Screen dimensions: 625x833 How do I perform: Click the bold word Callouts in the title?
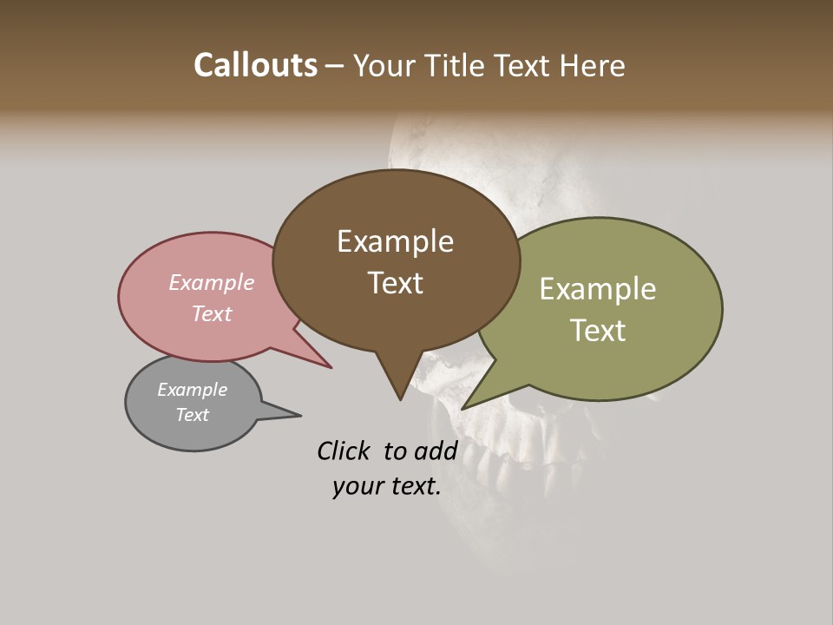(x=255, y=65)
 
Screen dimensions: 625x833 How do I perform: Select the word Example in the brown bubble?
(x=395, y=241)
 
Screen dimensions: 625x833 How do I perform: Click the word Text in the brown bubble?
(x=395, y=283)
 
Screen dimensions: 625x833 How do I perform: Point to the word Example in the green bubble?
(x=597, y=289)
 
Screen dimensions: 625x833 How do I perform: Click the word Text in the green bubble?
(x=597, y=331)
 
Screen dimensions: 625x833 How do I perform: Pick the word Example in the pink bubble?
(x=212, y=282)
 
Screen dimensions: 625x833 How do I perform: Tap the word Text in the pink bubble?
(x=212, y=313)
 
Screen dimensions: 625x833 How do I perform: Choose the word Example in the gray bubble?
(x=192, y=390)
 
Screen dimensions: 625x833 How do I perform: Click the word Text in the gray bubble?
(x=192, y=415)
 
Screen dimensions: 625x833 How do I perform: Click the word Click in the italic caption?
(x=343, y=451)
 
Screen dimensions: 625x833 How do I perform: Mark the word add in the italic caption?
(x=436, y=451)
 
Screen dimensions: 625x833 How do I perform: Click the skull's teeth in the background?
(x=486, y=469)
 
